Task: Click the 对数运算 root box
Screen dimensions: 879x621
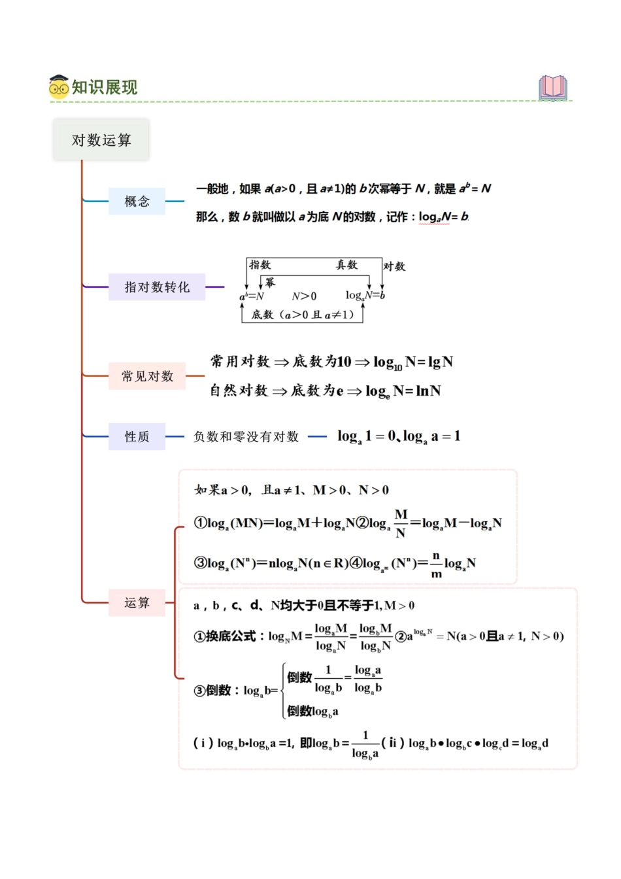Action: [x=101, y=140]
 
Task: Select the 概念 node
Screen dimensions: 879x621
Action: [x=137, y=201]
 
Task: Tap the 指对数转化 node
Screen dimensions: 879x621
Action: [x=157, y=287]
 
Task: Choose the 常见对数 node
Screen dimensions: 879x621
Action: [x=148, y=376]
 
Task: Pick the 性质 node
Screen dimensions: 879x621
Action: [x=137, y=436]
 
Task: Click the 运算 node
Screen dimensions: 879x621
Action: [x=137, y=602]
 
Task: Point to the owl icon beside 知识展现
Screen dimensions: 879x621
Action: [x=59, y=87]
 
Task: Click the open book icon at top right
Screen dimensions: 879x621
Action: [x=553, y=88]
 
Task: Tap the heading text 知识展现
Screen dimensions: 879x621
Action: [x=105, y=87]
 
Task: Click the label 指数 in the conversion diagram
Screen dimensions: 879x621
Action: [x=260, y=265]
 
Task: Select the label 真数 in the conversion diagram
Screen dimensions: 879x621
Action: [x=346, y=265]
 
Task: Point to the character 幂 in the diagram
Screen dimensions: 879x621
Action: [x=270, y=283]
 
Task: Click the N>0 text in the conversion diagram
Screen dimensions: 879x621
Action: [x=304, y=296]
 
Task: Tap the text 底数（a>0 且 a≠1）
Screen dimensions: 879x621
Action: [x=303, y=315]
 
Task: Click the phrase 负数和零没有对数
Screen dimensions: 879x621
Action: [x=246, y=436]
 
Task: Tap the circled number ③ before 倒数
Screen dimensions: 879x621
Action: [x=199, y=691]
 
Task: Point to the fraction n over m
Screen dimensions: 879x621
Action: [x=436, y=564]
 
